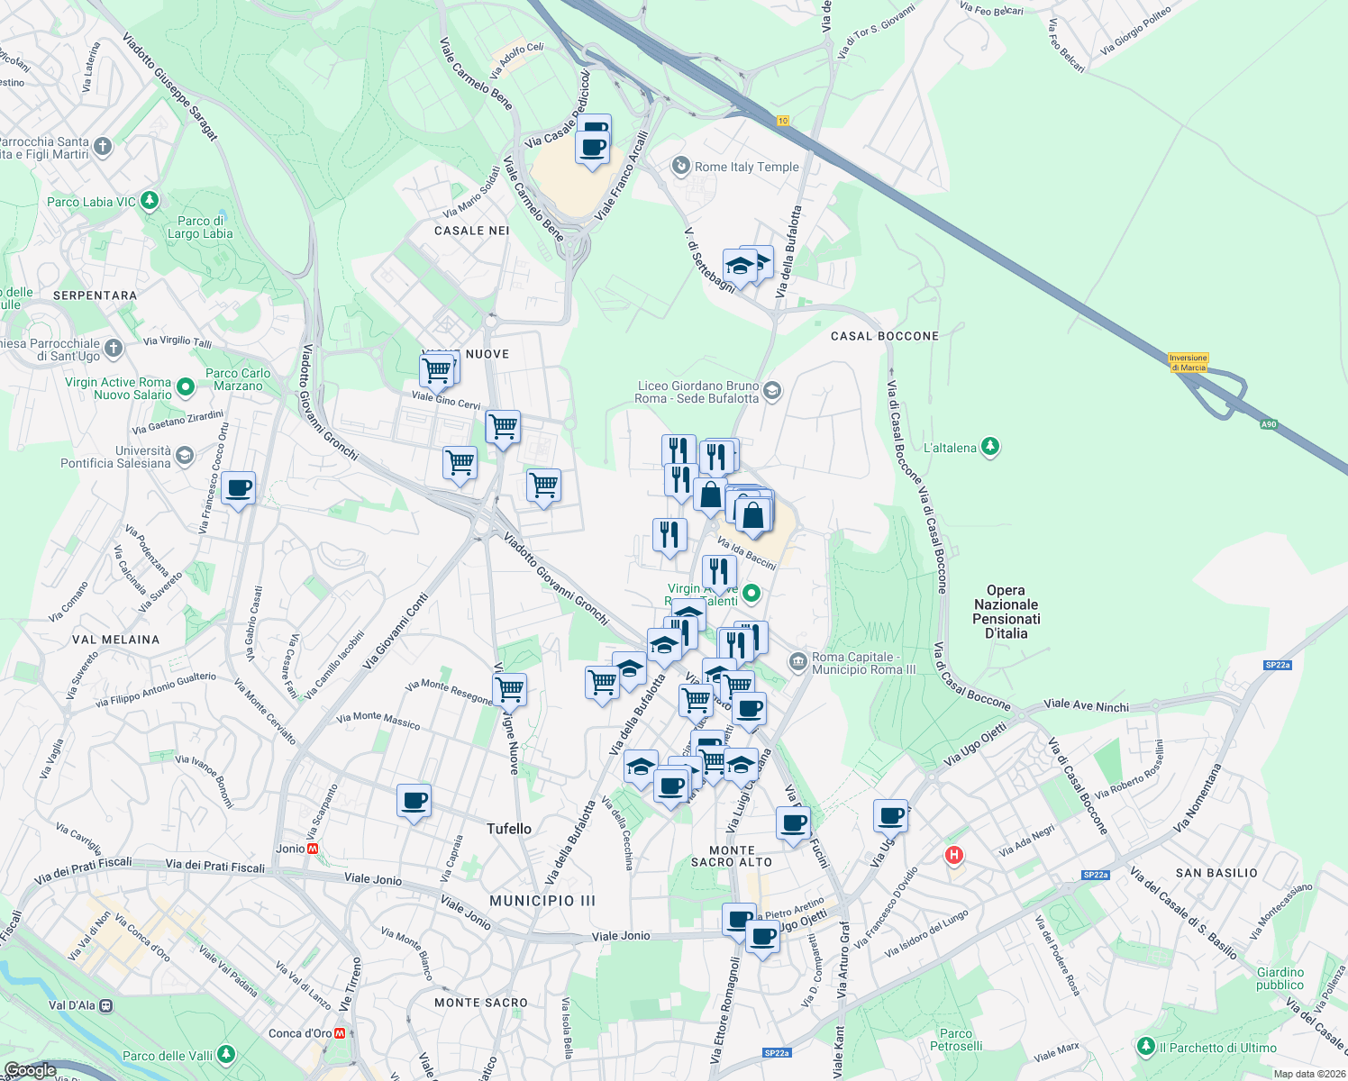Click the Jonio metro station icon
point(313,849)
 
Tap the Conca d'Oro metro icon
point(340,1033)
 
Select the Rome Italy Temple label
point(746,167)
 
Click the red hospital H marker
point(953,855)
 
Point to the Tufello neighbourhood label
point(509,829)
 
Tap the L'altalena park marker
point(990,447)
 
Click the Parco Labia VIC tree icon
point(150,201)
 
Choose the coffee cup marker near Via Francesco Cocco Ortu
point(239,489)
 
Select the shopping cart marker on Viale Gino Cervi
point(438,370)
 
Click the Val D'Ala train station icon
point(106,1005)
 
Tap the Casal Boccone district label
point(884,336)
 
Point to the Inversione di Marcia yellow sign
point(1188,362)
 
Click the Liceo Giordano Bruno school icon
point(771,391)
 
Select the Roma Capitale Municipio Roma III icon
point(797,662)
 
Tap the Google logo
point(30,1070)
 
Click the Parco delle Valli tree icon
point(226,1054)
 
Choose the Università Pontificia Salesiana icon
point(185,456)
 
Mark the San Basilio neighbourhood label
point(1216,873)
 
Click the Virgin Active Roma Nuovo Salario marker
point(186,387)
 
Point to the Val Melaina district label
point(115,640)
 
